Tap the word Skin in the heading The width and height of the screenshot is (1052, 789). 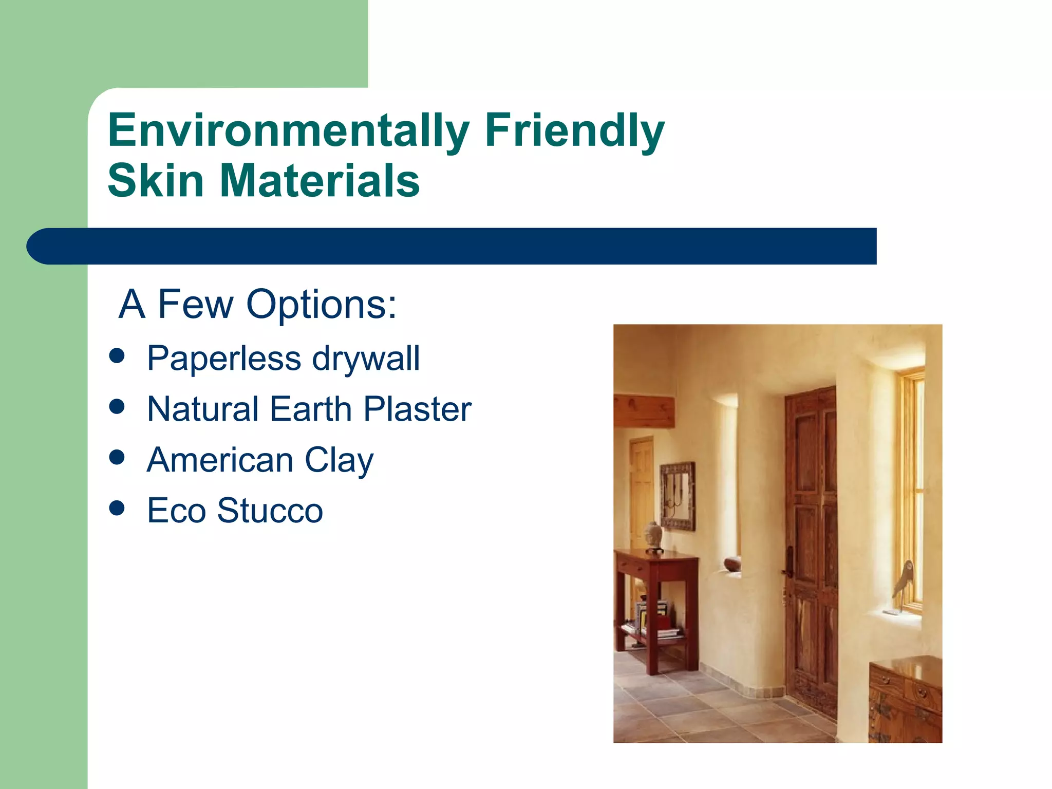[156, 180]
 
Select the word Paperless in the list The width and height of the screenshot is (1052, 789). [224, 358]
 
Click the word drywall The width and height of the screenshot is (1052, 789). [366, 358]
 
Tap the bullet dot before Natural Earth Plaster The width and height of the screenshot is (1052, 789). [117, 407]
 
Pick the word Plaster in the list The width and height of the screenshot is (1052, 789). [417, 409]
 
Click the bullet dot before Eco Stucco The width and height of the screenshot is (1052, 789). [117, 508]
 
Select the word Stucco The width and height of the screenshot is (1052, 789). [270, 511]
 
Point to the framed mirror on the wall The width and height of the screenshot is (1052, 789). [678, 496]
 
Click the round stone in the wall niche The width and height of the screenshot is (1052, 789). [732, 565]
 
